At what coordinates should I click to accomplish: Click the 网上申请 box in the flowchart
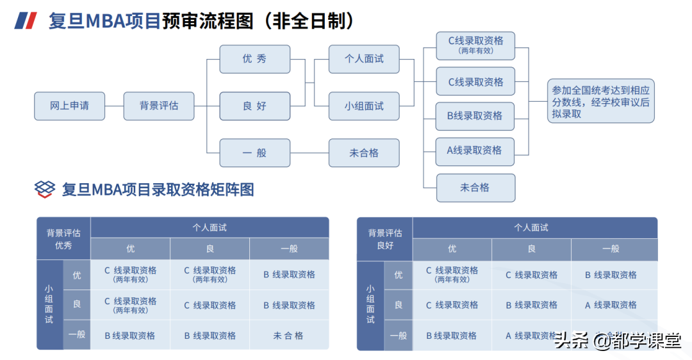pos(69,106)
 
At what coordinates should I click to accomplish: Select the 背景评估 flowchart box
pos(159,106)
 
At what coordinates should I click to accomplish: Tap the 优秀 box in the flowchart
pos(254,59)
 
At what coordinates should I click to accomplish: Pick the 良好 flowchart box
pos(254,106)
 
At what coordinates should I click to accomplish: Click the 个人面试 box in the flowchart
pos(364,59)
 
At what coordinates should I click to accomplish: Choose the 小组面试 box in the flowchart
pos(364,106)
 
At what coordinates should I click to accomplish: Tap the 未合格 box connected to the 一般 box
pos(364,153)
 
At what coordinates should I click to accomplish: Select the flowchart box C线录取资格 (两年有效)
pos(475,45)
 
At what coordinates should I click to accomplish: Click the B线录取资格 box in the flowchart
pos(475,116)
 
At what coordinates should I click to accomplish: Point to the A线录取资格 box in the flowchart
pos(475,151)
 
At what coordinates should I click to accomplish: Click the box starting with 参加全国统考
pos(600,102)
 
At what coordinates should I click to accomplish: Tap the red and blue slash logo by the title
pos(26,20)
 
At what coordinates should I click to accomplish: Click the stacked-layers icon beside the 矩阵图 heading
pos(45,189)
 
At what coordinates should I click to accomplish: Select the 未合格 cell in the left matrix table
pos(288,335)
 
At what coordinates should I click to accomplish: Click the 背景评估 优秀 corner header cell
pos(63,239)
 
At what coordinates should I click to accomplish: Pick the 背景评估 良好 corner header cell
pos(385,239)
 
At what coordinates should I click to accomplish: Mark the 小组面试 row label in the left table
pos(49,305)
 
